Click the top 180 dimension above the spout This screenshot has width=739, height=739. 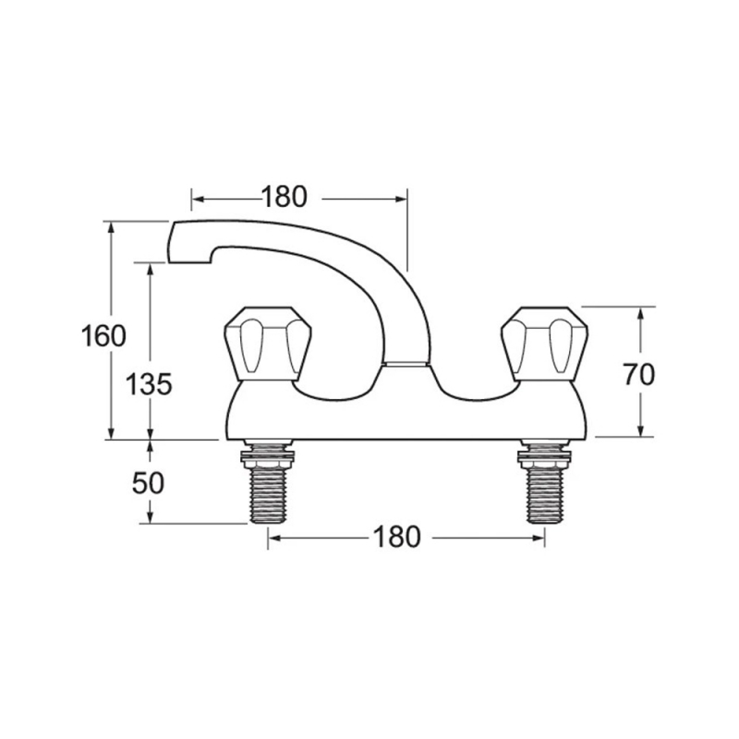(x=284, y=197)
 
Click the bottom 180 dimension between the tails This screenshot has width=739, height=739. (x=396, y=536)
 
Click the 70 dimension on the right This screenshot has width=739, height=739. (x=637, y=374)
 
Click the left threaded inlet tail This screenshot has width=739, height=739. (x=268, y=494)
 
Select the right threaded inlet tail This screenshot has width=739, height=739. (x=544, y=494)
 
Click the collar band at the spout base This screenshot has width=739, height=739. (x=406, y=365)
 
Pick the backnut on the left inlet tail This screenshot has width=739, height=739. (x=268, y=454)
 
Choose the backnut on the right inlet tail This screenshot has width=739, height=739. (x=544, y=454)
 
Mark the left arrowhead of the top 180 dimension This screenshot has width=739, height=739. (x=197, y=197)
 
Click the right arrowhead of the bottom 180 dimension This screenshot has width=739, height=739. (x=539, y=536)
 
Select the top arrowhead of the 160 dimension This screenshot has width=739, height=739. (x=112, y=227)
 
